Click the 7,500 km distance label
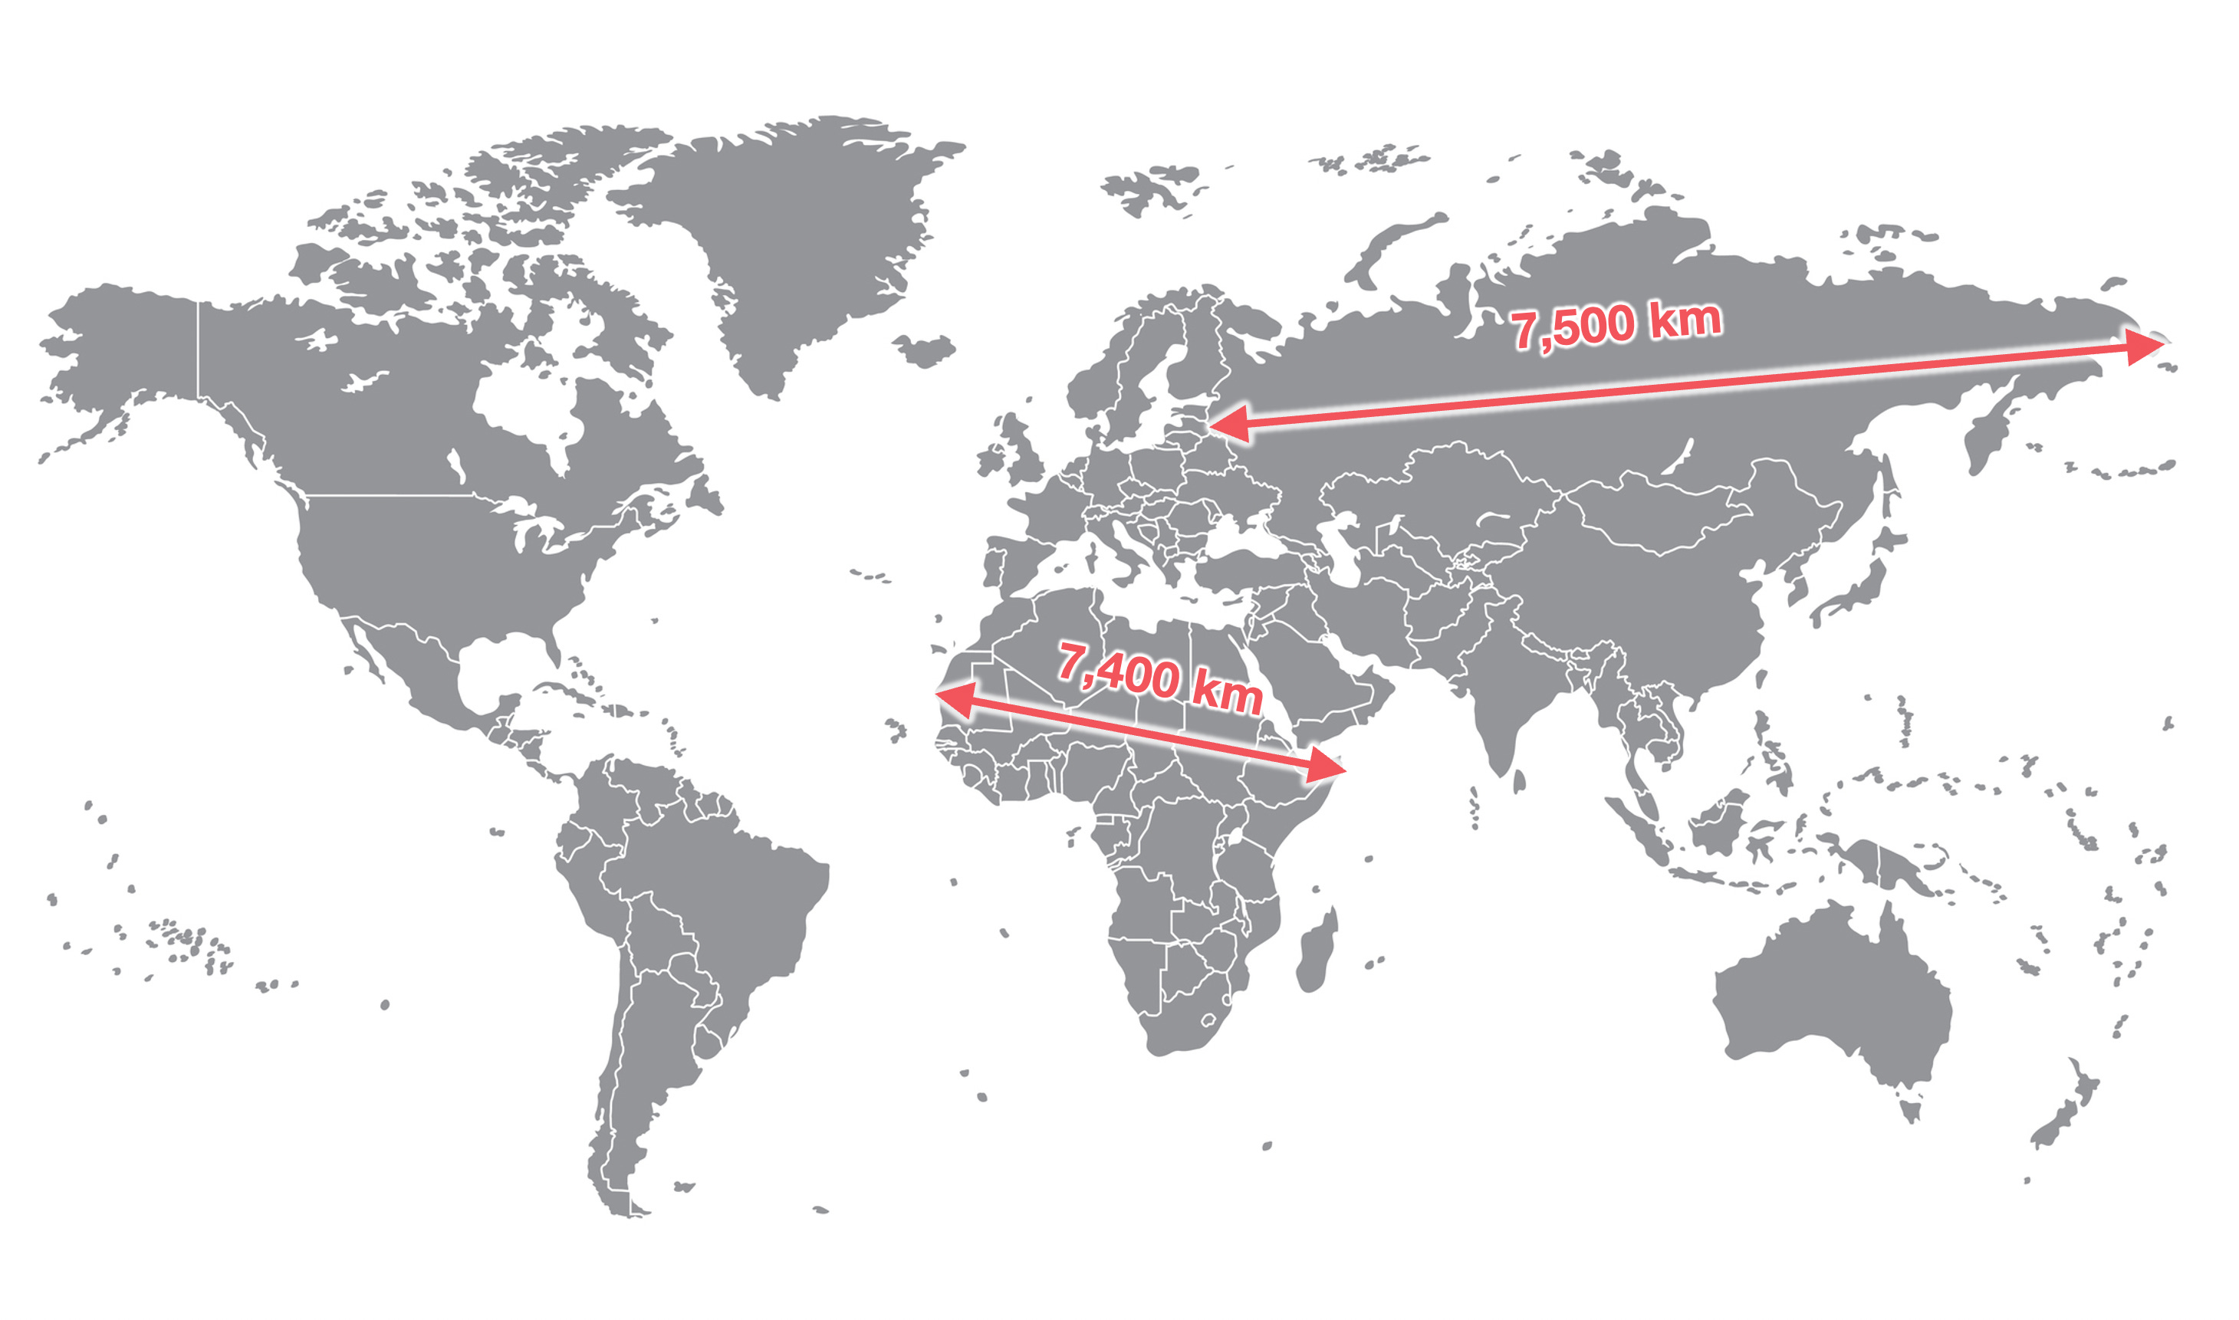(1616, 325)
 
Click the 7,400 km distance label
(1159, 678)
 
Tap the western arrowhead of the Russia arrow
(1228, 425)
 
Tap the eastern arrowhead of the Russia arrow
(2144, 346)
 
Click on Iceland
(926, 350)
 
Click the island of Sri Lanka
(1519, 782)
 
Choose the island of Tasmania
(1911, 1111)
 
